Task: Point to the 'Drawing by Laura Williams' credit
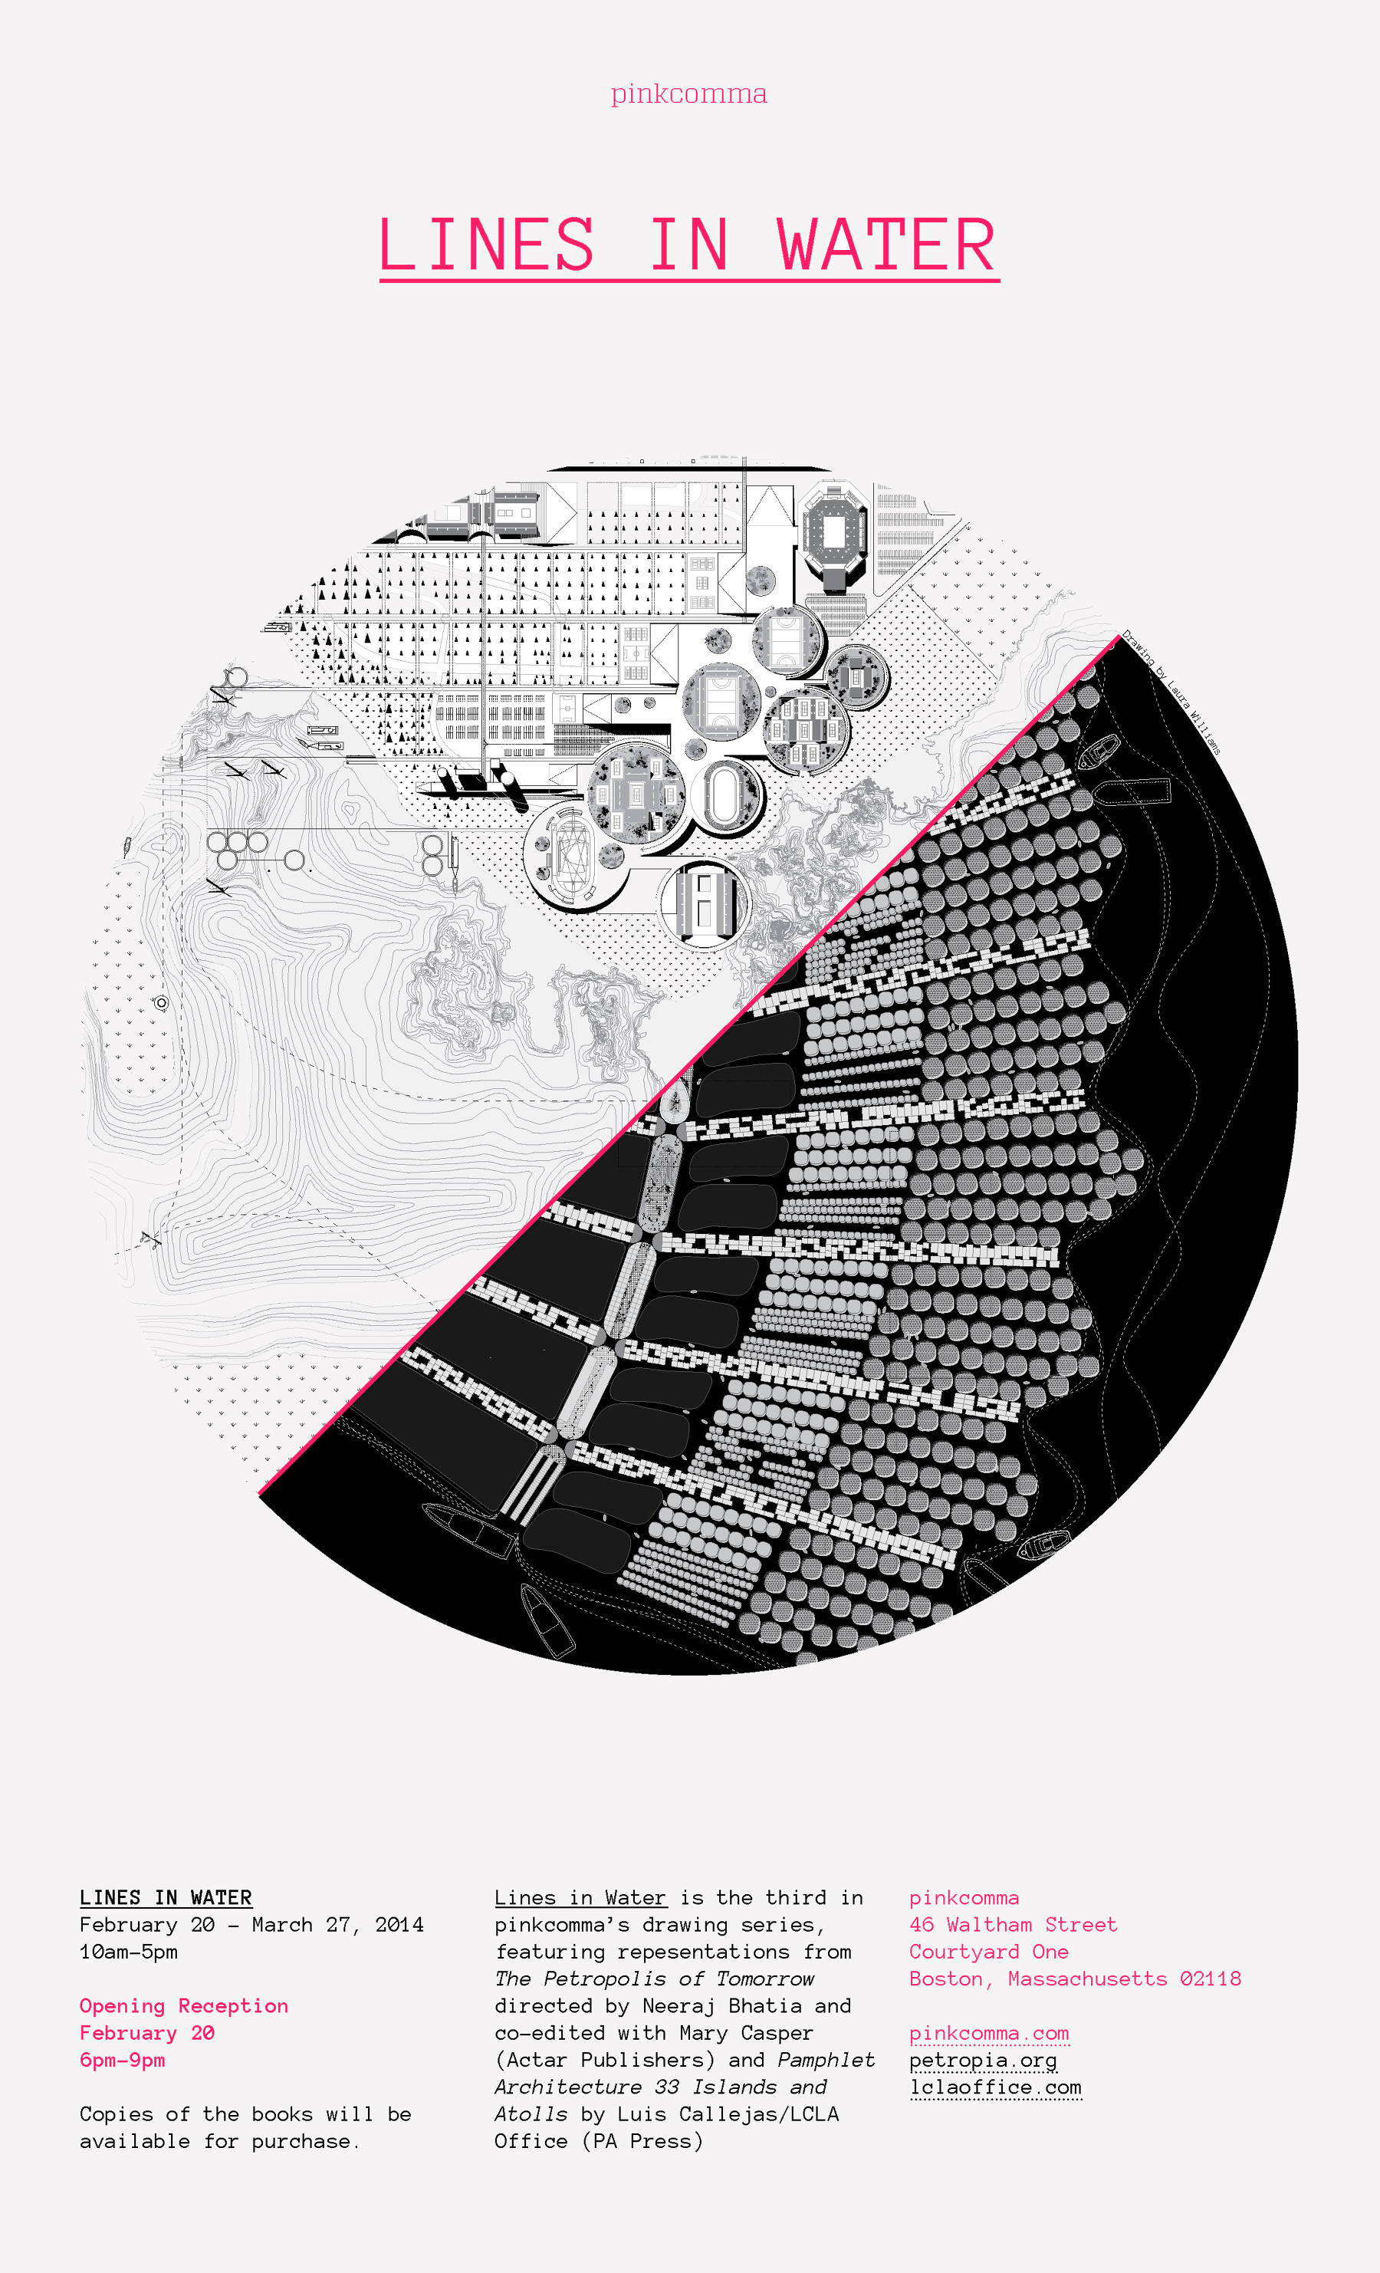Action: click(1171, 692)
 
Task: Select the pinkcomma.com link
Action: click(989, 2032)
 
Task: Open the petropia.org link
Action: click(984, 2060)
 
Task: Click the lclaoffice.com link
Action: click(995, 2087)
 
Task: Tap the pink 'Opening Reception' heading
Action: click(183, 2005)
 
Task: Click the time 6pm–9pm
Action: click(123, 2060)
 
